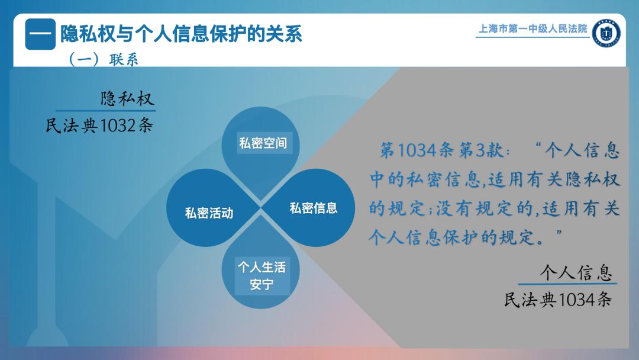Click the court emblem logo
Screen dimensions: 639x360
click(x=606, y=33)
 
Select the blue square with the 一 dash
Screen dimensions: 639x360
click(x=40, y=34)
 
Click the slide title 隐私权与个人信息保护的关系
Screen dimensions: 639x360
click(x=182, y=33)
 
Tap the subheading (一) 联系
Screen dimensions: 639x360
click(x=104, y=60)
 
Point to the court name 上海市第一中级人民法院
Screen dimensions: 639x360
click(x=532, y=28)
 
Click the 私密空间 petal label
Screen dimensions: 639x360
click(x=263, y=143)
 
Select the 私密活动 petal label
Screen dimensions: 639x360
click(x=209, y=213)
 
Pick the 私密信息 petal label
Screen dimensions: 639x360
click(x=314, y=208)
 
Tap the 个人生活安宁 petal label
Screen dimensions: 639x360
click(x=262, y=275)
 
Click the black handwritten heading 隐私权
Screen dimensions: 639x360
click(x=127, y=99)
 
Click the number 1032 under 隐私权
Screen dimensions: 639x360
click(x=117, y=126)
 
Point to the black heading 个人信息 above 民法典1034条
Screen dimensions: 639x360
click(x=576, y=272)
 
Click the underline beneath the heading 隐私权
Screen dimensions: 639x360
click(x=105, y=111)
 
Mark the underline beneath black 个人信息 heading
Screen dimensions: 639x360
click(x=567, y=283)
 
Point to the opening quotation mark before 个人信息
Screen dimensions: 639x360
click(x=538, y=145)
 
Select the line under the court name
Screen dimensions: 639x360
click(x=532, y=37)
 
